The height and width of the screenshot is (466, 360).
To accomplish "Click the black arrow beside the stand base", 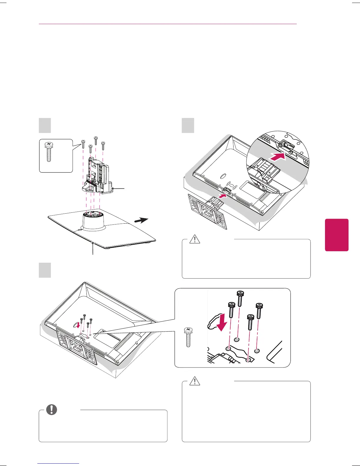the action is coord(141,220).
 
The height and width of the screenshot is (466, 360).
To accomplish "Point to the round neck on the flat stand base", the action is coord(93,219).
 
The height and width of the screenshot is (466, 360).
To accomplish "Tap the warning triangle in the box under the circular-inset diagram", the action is coord(194,239).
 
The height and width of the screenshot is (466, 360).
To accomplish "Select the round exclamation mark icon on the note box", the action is coord(52,410).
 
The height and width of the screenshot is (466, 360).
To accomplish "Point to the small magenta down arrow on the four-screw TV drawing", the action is coord(78,325).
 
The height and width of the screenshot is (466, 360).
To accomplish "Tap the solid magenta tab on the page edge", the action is coord(336,235).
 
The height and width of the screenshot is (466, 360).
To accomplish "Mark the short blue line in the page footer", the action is coord(59,463).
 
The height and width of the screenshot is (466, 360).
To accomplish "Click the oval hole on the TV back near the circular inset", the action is coord(222,176).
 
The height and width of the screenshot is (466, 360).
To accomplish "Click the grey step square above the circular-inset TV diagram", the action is coord(188,125).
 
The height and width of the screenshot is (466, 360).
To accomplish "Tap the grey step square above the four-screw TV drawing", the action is coord(45,270).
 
